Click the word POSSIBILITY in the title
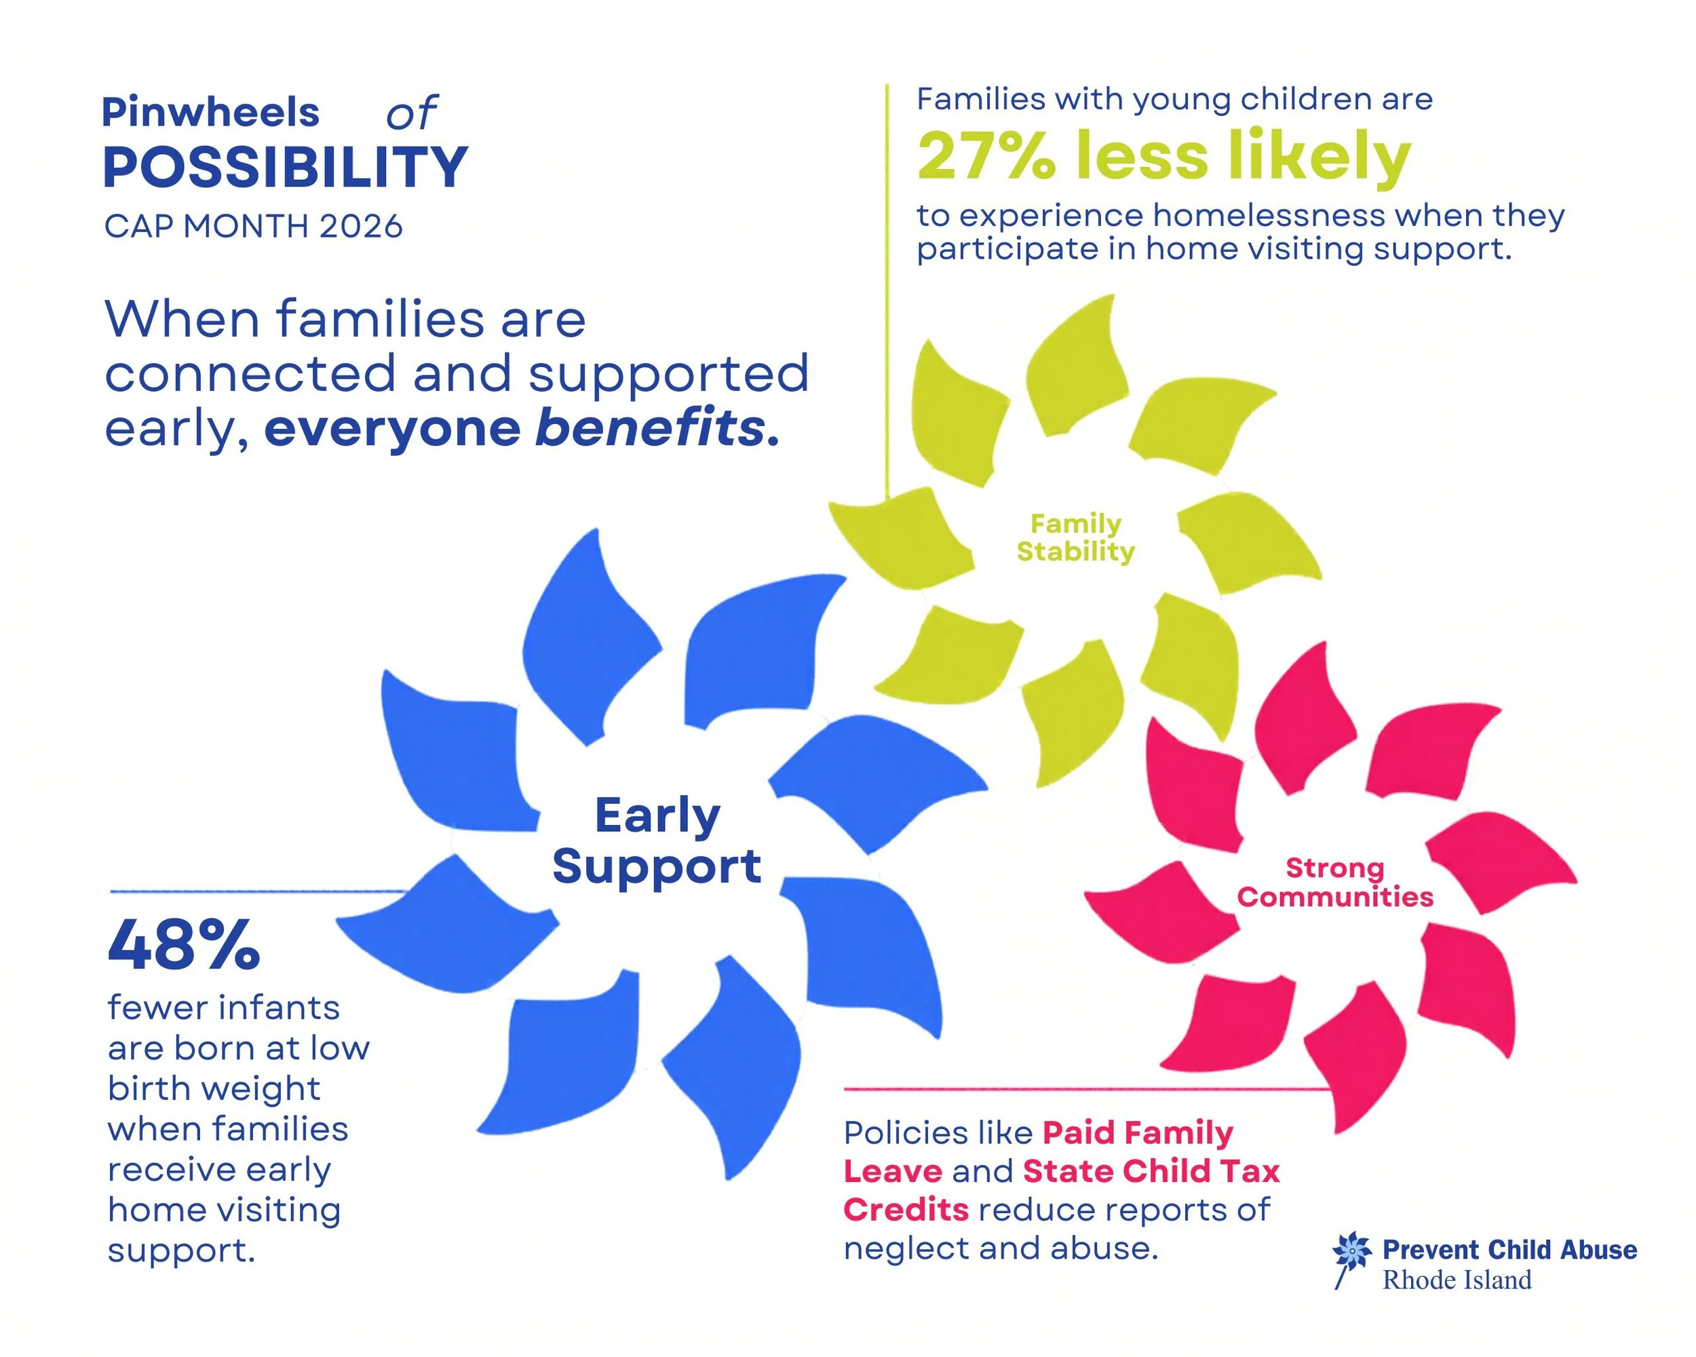285,168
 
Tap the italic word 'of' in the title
410,115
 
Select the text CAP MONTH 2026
253,227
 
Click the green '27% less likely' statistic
1164,157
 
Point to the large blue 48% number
183,946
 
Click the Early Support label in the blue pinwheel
657,840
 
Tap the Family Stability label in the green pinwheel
1075,537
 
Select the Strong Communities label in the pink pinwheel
1335,882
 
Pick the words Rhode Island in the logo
1457,1280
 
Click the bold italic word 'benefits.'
657,429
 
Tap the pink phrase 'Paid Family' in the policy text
1138,1133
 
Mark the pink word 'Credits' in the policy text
906,1209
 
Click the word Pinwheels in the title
211,113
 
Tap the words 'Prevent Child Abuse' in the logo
1509,1250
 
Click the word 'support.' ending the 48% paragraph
182,1250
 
